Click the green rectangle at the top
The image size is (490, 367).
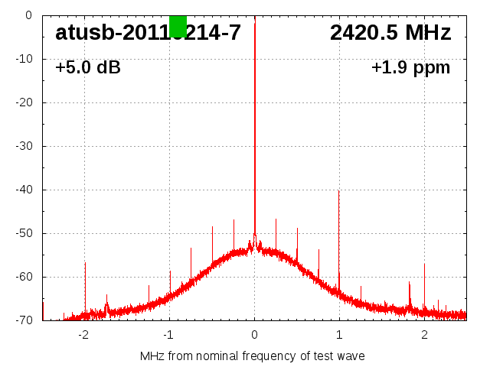(x=178, y=26)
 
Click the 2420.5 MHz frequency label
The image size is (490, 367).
(x=390, y=33)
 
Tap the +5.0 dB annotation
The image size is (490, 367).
(x=88, y=67)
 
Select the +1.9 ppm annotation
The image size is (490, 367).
(x=410, y=67)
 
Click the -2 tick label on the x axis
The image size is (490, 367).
(x=83, y=334)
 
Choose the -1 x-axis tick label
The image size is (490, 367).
(x=168, y=334)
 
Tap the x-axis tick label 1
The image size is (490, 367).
(x=339, y=334)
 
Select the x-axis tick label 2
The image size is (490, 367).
(x=424, y=334)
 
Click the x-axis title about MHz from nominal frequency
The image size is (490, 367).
(x=253, y=356)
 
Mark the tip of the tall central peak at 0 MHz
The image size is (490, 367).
(x=255, y=24)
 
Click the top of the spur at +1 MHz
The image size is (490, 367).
(x=339, y=191)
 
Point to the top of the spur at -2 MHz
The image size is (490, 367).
(x=85, y=263)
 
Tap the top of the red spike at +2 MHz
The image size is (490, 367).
(x=424, y=265)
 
